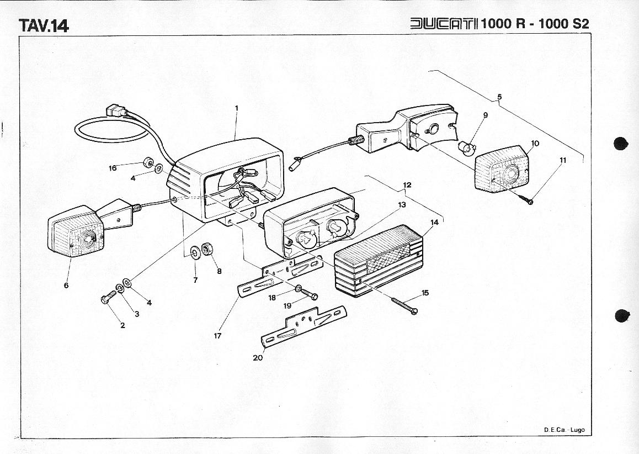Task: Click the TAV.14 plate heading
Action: click(x=44, y=25)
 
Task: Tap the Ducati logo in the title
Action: click(x=445, y=24)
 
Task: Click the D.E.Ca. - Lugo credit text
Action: click(x=563, y=430)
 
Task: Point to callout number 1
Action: click(x=237, y=108)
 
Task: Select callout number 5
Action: click(x=499, y=97)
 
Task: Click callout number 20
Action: click(x=258, y=357)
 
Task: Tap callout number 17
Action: click(x=217, y=335)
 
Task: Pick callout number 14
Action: click(x=435, y=223)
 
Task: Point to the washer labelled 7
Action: click(x=195, y=254)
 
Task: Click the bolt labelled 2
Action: click(x=106, y=299)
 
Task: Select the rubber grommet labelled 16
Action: click(x=147, y=163)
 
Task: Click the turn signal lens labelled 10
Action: click(x=502, y=170)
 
